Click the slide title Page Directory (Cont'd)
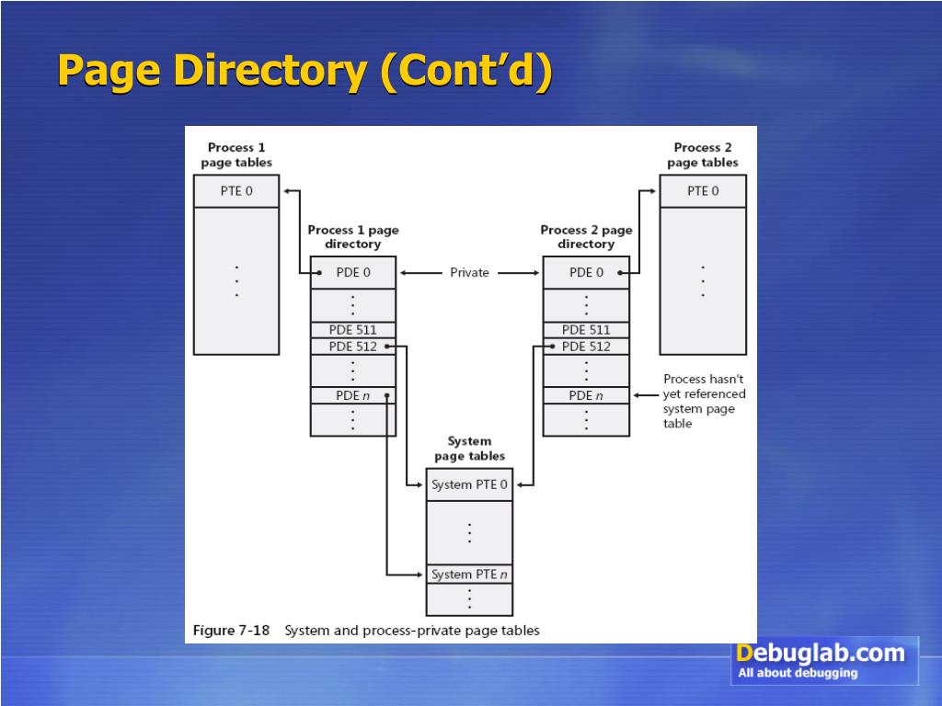(304, 71)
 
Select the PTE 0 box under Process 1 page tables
(236, 191)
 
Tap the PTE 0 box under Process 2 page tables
(703, 191)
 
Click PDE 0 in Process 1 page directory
(353, 272)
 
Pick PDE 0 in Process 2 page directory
(586, 272)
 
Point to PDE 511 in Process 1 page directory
(353, 330)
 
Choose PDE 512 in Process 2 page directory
(586, 347)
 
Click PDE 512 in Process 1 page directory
(353, 347)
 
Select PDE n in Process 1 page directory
(353, 395)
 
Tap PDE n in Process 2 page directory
(586, 395)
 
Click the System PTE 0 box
(469, 484)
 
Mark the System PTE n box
(469, 575)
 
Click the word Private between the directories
(469, 272)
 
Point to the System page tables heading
(469, 449)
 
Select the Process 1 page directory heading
(353, 237)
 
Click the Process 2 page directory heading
(586, 237)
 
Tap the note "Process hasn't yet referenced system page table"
(704, 401)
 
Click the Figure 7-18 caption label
(231, 631)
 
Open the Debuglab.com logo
(820, 660)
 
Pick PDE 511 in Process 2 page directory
(586, 330)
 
